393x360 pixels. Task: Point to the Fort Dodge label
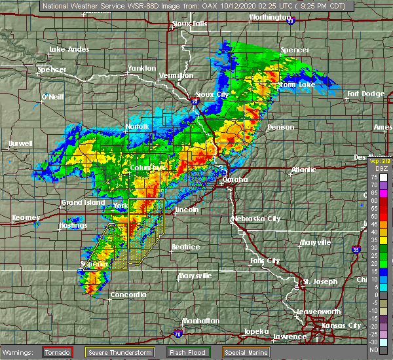tap(366, 94)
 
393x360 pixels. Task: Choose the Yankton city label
tap(141, 68)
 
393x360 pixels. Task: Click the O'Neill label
tap(52, 97)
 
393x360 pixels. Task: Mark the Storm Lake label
tap(296, 84)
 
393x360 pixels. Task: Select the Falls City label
tap(265, 261)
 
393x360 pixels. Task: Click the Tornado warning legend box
tap(58, 353)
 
